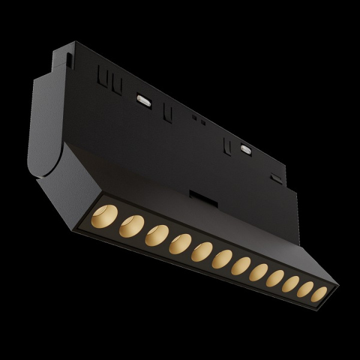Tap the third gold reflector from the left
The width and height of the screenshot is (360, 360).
pyautogui.click(x=156, y=235)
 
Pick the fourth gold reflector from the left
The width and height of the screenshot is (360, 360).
pyautogui.click(x=179, y=244)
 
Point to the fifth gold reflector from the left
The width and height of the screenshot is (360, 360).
pyautogui.click(x=202, y=251)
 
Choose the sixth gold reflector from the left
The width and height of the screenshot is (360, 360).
pyautogui.click(x=222, y=259)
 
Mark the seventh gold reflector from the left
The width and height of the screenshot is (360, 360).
pyautogui.click(x=241, y=265)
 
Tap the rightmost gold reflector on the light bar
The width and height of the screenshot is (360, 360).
pyautogui.click(x=320, y=294)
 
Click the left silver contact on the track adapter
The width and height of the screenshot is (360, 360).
pyautogui.click(x=144, y=100)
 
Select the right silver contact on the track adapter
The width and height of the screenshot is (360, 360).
pyautogui.click(x=245, y=148)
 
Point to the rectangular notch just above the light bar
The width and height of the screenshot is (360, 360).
pyautogui.click(x=197, y=196)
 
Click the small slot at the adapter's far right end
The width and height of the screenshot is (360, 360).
pyautogui.click(x=276, y=178)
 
